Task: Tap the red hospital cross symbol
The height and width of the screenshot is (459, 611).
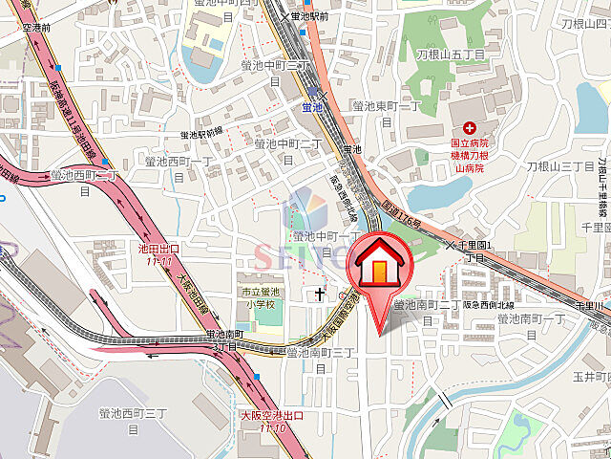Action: [x=469, y=129]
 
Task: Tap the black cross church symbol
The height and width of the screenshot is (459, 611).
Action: [x=318, y=294]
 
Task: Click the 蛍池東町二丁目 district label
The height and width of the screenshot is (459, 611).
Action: [x=386, y=113]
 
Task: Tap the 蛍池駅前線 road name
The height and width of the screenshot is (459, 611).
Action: [x=201, y=133]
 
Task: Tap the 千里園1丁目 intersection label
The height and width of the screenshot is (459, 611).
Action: [x=474, y=250]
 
